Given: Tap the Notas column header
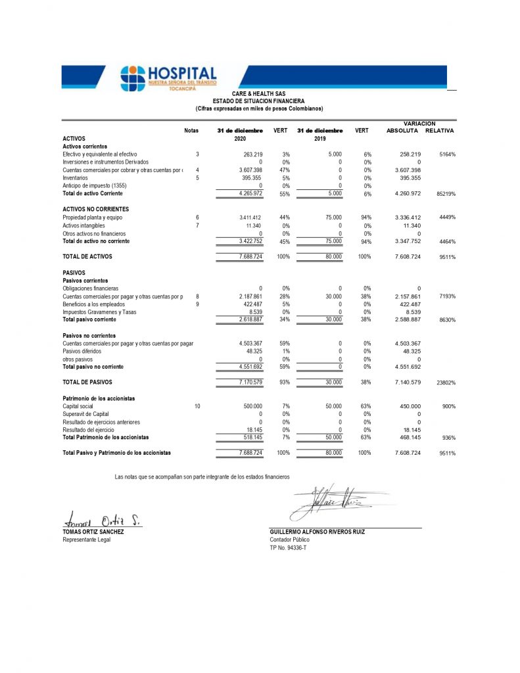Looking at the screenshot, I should (x=191, y=131).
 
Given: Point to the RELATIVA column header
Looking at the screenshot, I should (x=440, y=131).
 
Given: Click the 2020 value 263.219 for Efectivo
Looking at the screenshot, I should (x=253, y=154).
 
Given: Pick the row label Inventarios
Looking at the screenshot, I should (x=75, y=177).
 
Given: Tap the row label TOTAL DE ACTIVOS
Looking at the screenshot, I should (x=87, y=256).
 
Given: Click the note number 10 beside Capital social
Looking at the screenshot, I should (x=197, y=407).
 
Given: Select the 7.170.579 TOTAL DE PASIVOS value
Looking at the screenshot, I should (x=250, y=382).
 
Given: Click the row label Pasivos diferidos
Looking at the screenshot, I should (x=82, y=352).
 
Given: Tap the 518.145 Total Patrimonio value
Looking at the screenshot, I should (x=252, y=437).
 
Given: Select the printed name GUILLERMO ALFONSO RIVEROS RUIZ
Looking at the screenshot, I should (x=317, y=532).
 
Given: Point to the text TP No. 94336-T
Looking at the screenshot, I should (x=288, y=547).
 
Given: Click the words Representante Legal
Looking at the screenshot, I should (x=86, y=540).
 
